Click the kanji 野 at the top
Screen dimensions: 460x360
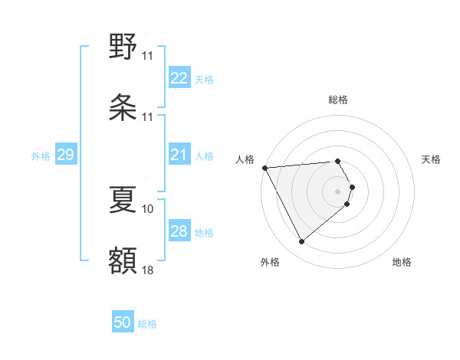point(123,47)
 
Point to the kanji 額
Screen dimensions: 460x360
point(123,261)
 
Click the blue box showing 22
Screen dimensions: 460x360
point(179,78)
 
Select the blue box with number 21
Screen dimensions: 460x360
point(179,155)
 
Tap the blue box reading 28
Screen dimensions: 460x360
point(179,231)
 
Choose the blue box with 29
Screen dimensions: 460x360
point(65,155)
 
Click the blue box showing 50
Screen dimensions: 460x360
point(123,322)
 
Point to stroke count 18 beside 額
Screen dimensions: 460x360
point(148,270)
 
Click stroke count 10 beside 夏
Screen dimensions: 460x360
point(148,208)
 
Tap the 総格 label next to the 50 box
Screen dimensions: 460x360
point(147,324)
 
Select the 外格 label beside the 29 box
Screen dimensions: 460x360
point(41,156)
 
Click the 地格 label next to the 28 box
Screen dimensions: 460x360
point(204,233)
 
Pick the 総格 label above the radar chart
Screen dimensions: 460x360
point(338,100)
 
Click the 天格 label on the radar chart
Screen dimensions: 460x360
point(432,159)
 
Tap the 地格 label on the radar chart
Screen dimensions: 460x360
point(402,262)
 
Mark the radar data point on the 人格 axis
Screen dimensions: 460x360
point(264,168)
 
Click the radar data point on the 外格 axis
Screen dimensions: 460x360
point(301,242)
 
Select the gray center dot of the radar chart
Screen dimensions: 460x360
point(338,191)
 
